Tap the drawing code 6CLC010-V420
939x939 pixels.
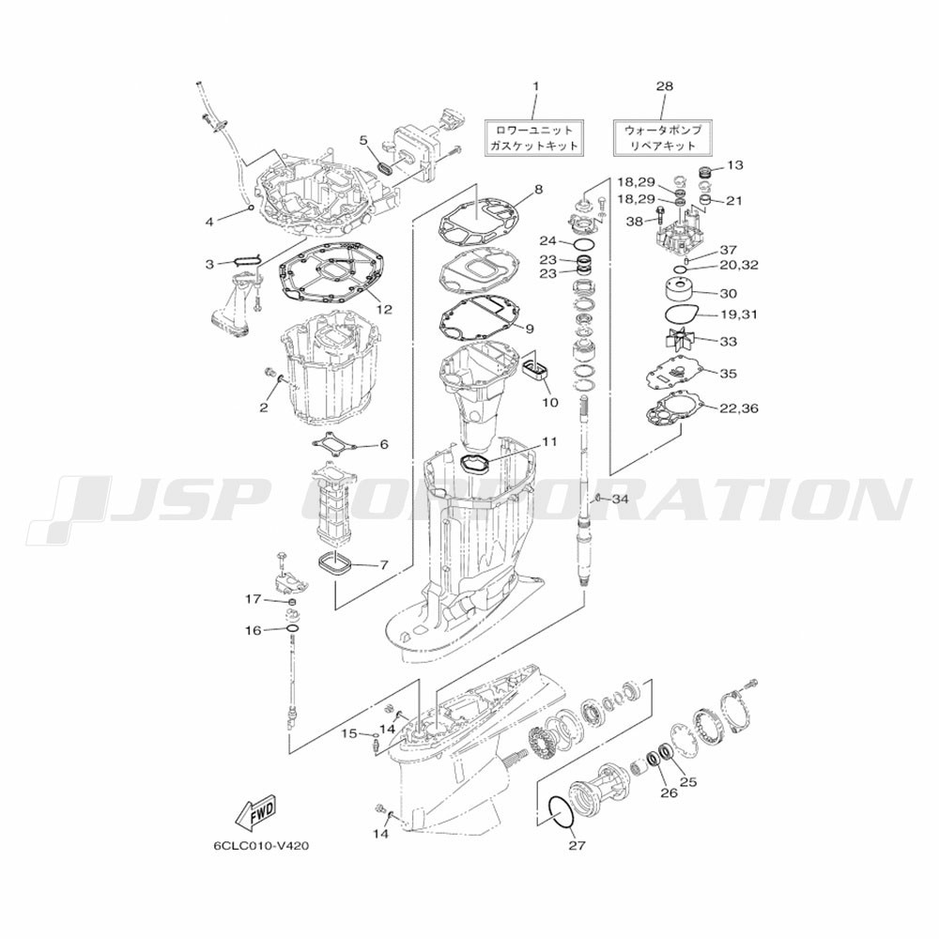[x=262, y=846]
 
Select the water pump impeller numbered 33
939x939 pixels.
[x=682, y=340]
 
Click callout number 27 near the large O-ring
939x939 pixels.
[x=577, y=845]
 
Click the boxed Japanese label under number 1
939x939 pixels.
[x=534, y=137]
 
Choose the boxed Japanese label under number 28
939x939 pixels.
[x=661, y=137]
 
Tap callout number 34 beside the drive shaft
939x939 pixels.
[x=620, y=499]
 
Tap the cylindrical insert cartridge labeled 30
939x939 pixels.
[x=679, y=294]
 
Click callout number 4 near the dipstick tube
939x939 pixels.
[x=209, y=223]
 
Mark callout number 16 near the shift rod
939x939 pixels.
[x=254, y=631]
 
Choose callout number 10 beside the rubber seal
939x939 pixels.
[x=549, y=402]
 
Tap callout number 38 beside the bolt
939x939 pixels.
[x=634, y=223]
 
